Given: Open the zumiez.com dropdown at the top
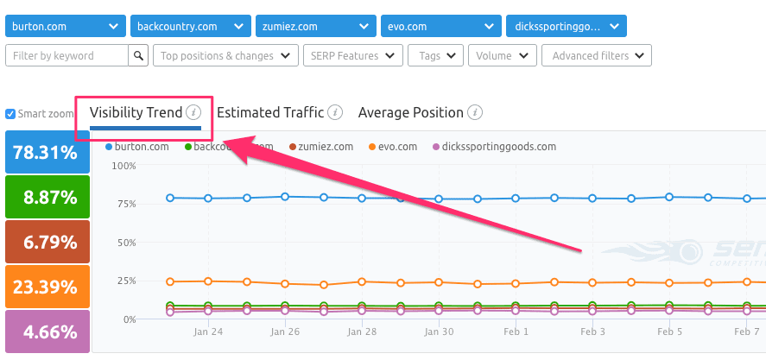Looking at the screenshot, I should tap(315, 26).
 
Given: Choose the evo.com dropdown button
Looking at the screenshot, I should tap(440, 26).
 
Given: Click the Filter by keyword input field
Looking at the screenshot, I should tap(66, 56).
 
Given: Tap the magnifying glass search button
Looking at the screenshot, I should tap(138, 56).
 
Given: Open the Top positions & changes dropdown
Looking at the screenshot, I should tap(225, 56).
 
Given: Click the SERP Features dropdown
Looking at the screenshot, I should tap(352, 56).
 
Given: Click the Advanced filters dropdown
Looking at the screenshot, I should tap(596, 56).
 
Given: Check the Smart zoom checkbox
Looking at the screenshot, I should tap(10, 114).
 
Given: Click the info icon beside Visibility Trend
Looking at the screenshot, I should tap(193, 112).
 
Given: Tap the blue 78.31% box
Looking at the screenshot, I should tap(45, 153).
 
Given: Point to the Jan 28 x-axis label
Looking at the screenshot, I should tap(362, 332).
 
